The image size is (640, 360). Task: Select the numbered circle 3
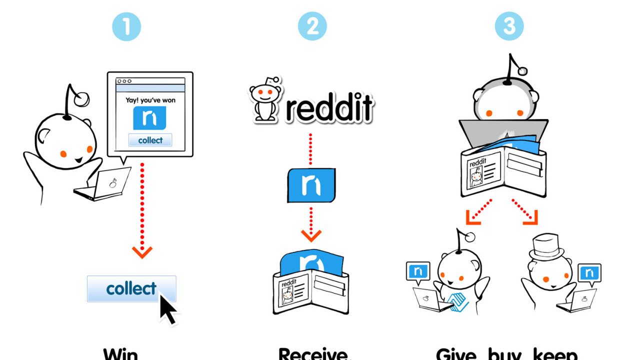pyautogui.click(x=509, y=26)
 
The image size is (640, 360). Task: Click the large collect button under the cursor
pyautogui.click(x=131, y=288)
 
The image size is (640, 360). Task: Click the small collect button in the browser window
pyautogui.click(x=150, y=140)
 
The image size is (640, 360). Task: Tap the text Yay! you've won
pyautogui.click(x=150, y=100)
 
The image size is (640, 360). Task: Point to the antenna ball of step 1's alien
pyautogui.click(x=81, y=99)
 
